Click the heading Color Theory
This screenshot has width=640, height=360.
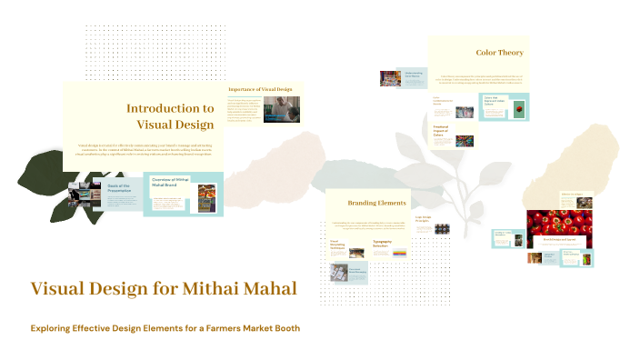coord(499,53)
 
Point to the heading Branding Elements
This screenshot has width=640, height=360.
coord(377,203)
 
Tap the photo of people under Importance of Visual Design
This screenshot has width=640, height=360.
coord(281,110)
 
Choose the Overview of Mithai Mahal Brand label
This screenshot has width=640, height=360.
coord(170,183)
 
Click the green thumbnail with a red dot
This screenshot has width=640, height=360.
coord(519,111)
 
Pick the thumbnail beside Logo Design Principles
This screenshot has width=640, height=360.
coord(442,229)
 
